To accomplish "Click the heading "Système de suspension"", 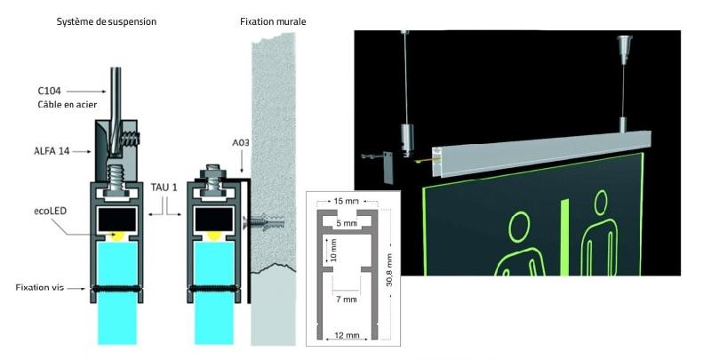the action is (x=106, y=21).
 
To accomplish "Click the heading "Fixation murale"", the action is (x=273, y=21).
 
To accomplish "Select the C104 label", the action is (x=49, y=91).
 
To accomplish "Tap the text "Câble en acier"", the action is (x=68, y=105).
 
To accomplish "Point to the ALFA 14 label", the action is (x=52, y=151).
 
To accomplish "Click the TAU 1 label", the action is (x=164, y=188).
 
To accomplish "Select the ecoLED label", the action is (x=51, y=211).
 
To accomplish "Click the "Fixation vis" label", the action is (x=39, y=287).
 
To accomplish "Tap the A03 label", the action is (x=241, y=143).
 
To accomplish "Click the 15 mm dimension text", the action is (x=347, y=201).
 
